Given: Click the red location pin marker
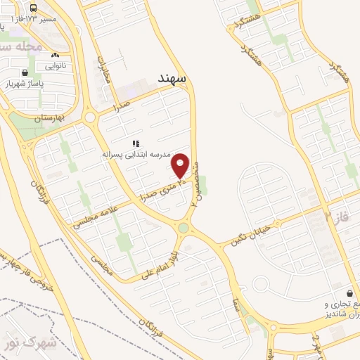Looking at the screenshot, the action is (181, 166).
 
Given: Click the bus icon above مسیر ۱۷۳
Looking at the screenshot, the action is (34, 6).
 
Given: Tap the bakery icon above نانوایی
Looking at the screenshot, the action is (56, 55).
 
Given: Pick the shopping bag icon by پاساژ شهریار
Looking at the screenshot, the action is (25, 72).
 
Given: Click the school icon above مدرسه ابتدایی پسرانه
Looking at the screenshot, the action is (136, 143).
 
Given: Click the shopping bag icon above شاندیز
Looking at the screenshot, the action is (349, 293).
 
